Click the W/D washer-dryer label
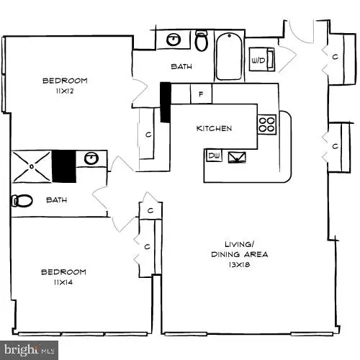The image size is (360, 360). (258, 59)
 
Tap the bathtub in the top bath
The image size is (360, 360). (229, 55)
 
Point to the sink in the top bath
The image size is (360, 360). (174, 40)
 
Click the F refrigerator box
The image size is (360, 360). (200, 94)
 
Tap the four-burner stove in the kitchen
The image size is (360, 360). (266, 125)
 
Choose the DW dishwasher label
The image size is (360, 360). (214, 156)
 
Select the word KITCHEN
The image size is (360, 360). (214, 129)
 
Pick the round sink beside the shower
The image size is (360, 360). (91, 159)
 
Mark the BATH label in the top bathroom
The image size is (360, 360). (181, 67)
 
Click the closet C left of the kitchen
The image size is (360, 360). (148, 134)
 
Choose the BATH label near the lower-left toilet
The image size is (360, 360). (56, 201)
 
